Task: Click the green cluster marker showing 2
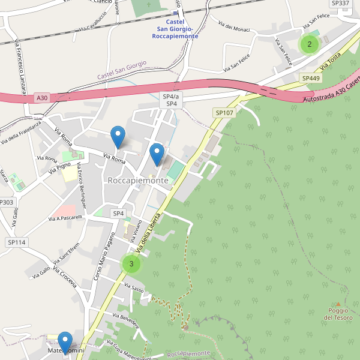[x=309, y=44]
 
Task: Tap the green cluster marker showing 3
[x=131, y=263]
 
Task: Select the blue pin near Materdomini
[x=65, y=342]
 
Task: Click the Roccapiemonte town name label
[x=138, y=180]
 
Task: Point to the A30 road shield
[x=41, y=97]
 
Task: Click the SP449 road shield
[x=311, y=78]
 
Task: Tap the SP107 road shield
[x=223, y=112]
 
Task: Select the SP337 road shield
[x=340, y=4]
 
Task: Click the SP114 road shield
[x=17, y=242]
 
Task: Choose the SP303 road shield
[x=5, y=202]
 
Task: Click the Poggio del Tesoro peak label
[x=338, y=314]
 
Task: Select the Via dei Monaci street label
[x=234, y=27]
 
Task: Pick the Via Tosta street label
[x=331, y=60]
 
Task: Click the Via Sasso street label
[x=135, y=289]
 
